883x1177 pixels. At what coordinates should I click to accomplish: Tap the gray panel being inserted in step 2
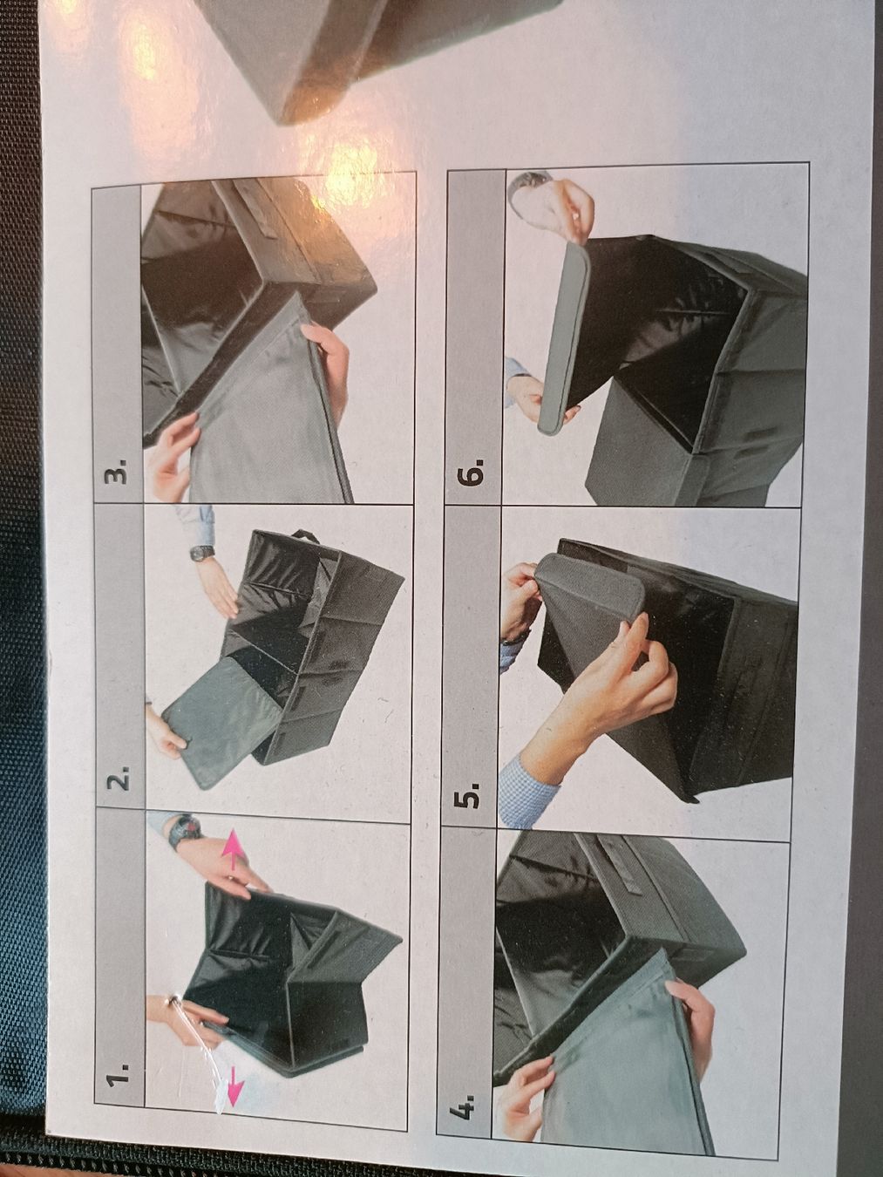pos(222,724)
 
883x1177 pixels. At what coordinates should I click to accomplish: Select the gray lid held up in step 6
pos(563,337)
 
